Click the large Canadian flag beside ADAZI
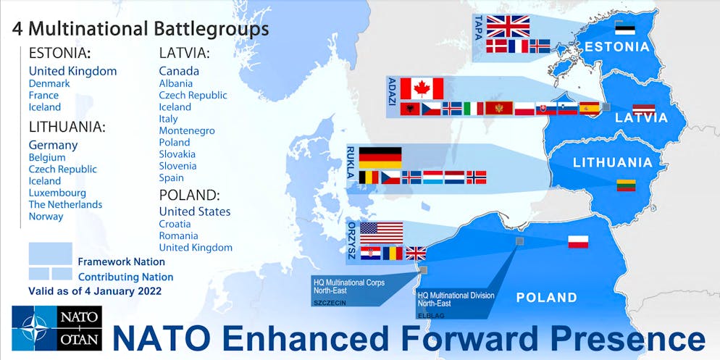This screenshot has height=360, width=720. (x=422, y=88)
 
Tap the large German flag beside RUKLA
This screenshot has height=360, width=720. (x=380, y=157)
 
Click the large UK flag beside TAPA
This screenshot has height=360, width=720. (x=508, y=26)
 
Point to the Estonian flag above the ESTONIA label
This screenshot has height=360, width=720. (x=624, y=28)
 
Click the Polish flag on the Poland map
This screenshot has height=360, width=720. (x=577, y=242)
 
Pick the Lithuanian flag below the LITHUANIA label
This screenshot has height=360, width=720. (x=626, y=185)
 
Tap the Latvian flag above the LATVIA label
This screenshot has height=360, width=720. (x=643, y=110)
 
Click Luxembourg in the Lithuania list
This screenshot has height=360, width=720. (x=57, y=193)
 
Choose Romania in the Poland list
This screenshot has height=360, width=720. (x=178, y=235)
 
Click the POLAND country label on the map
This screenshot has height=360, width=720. (x=546, y=298)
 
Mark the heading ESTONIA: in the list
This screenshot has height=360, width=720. (x=59, y=53)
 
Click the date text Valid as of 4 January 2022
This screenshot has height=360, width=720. (x=94, y=291)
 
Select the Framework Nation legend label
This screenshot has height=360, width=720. (x=121, y=261)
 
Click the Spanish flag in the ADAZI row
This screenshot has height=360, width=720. (x=589, y=109)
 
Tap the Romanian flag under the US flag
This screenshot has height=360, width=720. (x=393, y=254)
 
